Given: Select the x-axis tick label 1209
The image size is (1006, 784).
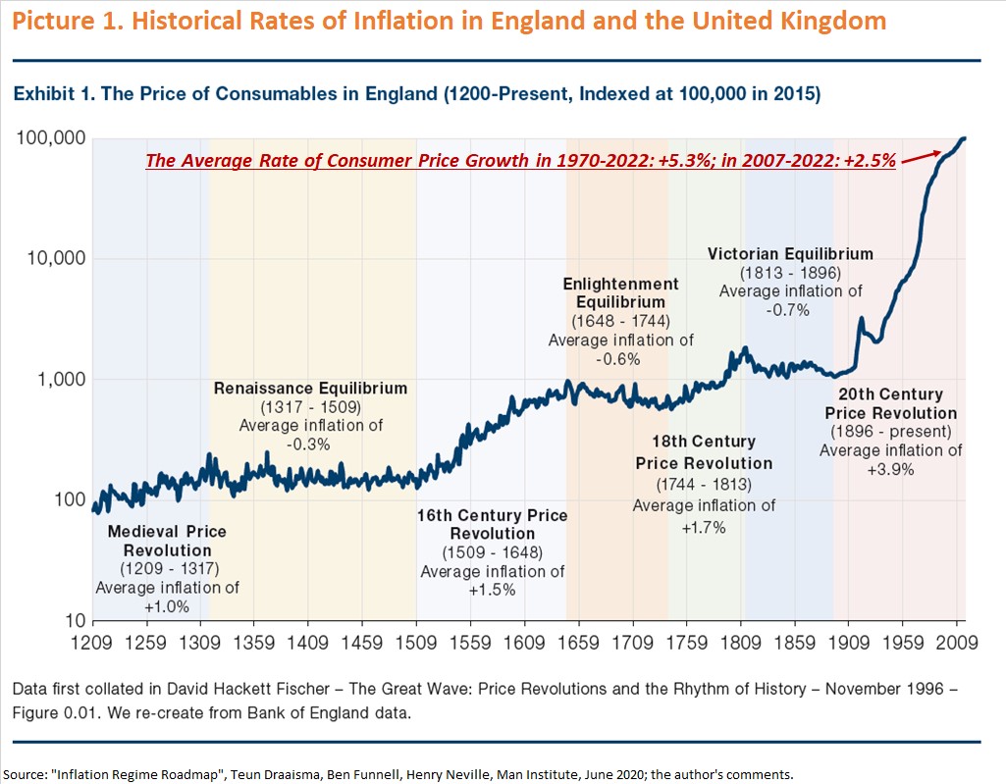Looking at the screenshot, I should click(x=92, y=645).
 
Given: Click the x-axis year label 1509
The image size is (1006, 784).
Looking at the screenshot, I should click(x=416, y=645).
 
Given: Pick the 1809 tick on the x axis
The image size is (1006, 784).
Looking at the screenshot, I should click(x=740, y=645).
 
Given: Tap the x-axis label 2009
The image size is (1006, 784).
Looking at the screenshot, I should click(x=956, y=645).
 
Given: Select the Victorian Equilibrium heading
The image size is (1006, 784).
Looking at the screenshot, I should click(x=790, y=254).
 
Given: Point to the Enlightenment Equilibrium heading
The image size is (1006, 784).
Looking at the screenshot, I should click(x=620, y=293).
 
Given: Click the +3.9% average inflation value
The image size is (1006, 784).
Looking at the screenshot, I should click(x=890, y=469).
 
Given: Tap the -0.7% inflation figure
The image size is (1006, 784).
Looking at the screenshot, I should click(x=790, y=309).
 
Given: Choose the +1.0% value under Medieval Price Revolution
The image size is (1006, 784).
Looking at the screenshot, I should click(x=167, y=606).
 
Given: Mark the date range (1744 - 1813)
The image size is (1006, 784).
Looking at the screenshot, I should click(x=704, y=485).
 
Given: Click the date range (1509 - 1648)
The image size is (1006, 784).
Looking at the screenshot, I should click(x=493, y=552).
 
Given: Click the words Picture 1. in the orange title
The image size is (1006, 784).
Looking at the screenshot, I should click(x=61, y=21).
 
